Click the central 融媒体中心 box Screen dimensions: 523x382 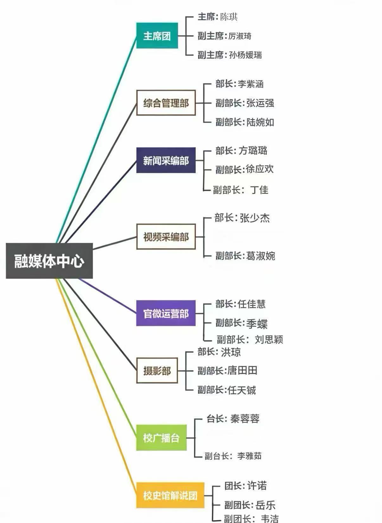tap(49, 261)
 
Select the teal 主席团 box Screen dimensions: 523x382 tap(157, 36)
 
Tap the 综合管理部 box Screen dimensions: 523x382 tap(166, 103)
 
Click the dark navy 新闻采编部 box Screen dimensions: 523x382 tap(166, 160)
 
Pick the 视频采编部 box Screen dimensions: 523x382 tap(166, 237)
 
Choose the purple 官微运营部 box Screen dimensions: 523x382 tap(166, 313)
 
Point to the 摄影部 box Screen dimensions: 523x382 tap(157, 370)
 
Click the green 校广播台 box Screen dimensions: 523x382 tap(161, 438)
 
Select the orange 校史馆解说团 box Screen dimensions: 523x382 tap(170, 495)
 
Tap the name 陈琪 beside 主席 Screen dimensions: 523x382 tap(229, 17)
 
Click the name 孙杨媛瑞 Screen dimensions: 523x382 tap(245, 55)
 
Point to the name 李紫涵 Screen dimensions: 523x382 tap(251, 84)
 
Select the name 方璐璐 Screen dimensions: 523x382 tap(253, 151)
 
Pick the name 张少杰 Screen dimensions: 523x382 tap(255, 218)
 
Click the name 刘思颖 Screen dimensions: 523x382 tap(269, 339)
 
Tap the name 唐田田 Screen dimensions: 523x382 tap(242, 370)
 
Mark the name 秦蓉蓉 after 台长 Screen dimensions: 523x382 tap(245, 419)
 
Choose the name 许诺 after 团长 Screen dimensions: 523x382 tap(257, 486)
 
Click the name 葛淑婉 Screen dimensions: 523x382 tap(260, 256)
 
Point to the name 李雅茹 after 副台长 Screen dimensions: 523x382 tap(249, 456)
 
